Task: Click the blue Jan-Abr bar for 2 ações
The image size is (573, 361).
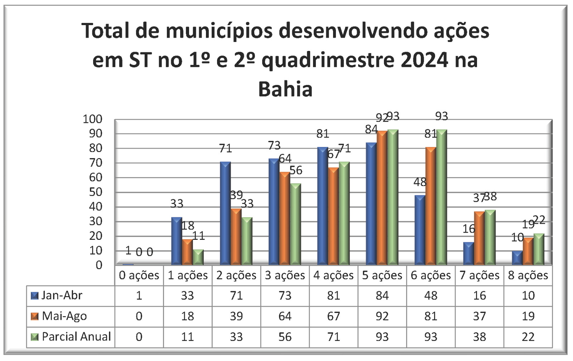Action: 225,214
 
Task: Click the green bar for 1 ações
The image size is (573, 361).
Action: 198,257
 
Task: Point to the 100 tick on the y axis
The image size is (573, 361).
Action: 92,119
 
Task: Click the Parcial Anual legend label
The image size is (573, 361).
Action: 76,337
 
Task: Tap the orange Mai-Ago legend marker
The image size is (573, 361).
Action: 35,317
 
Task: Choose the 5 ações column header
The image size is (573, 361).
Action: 382,275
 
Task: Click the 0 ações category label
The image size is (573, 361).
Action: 139,275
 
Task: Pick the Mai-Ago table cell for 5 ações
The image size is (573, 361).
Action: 382,316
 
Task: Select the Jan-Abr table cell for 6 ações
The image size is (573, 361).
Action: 430,295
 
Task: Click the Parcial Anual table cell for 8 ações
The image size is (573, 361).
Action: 528,337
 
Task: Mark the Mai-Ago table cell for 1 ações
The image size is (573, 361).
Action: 187,316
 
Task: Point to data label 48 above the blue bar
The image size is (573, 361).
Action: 420,182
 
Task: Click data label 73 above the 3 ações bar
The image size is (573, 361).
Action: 274,146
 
